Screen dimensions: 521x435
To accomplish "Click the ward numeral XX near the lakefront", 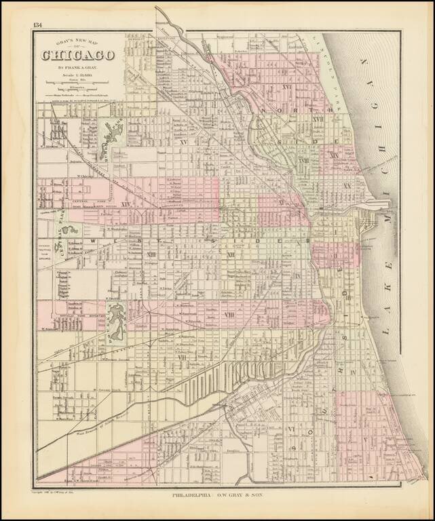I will (347, 186).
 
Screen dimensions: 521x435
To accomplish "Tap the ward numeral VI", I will (290, 429).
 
